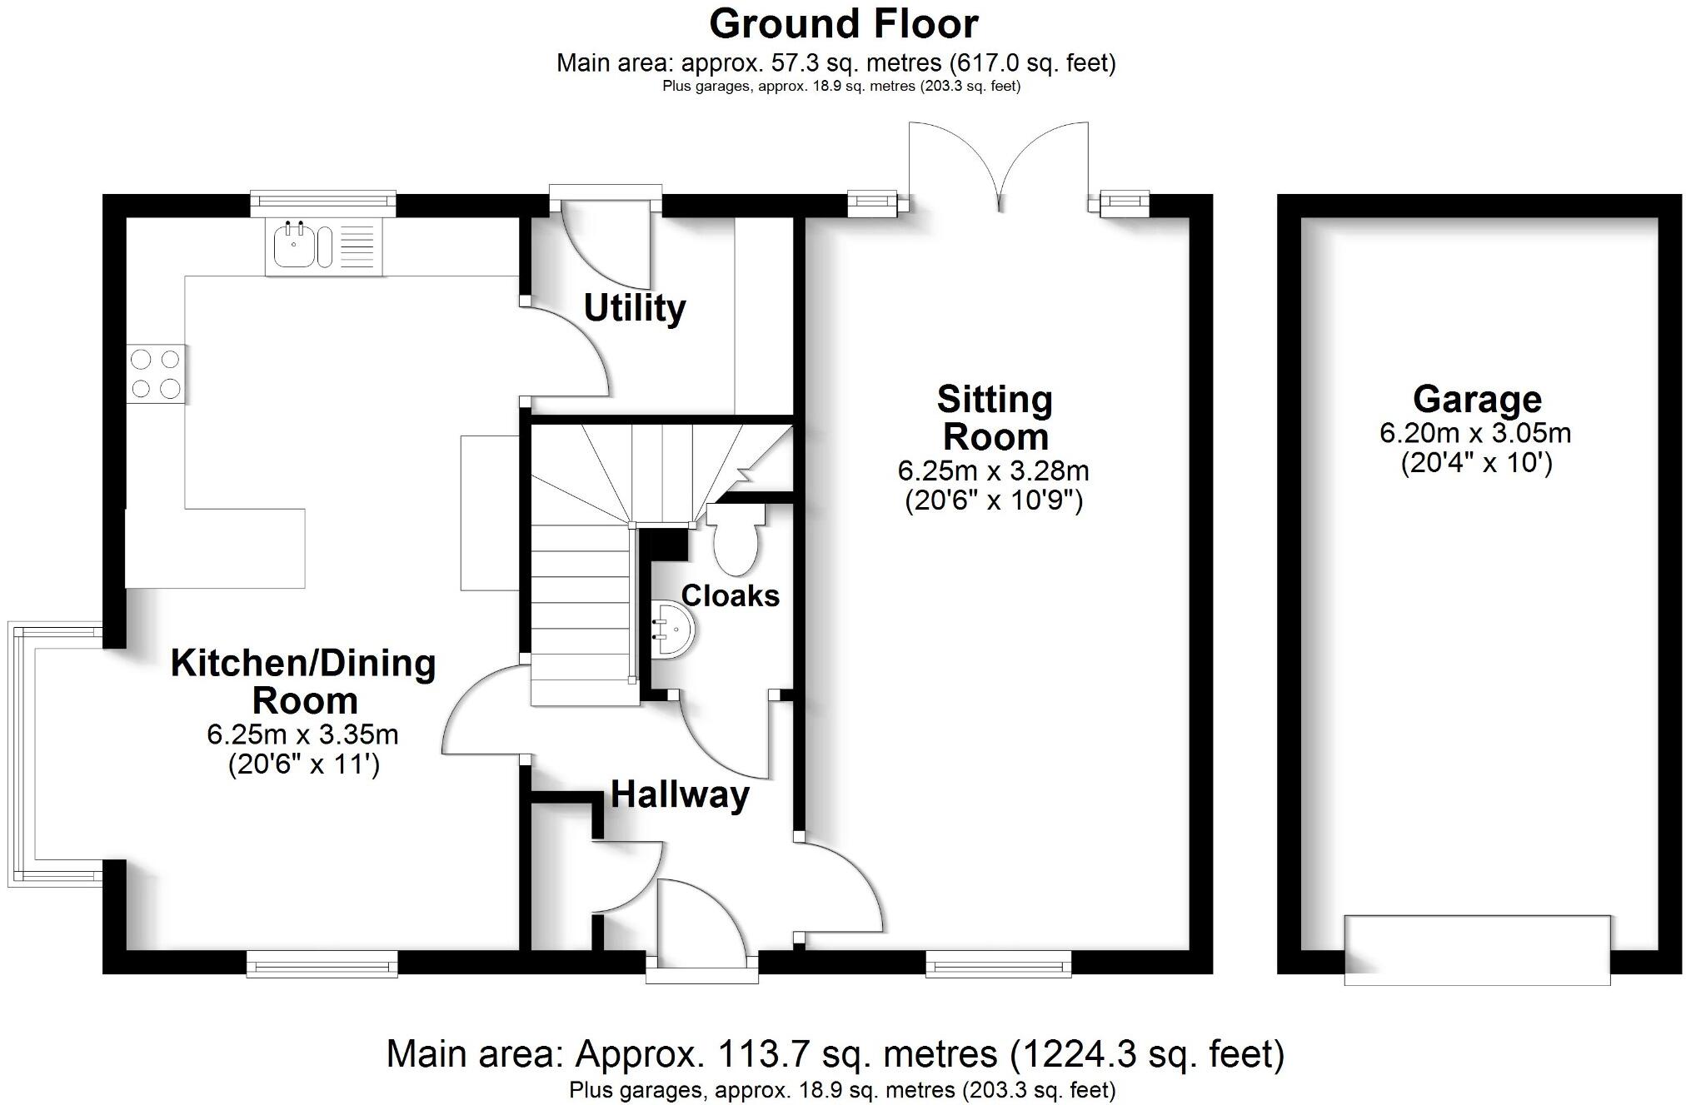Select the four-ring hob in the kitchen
(x=156, y=374)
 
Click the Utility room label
(x=634, y=308)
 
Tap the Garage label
(x=1476, y=400)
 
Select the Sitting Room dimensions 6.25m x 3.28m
(x=993, y=471)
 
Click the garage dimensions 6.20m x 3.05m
(x=1475, y=433)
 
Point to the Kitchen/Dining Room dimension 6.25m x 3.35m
(x=302, y=734)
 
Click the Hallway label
(x=680, y=794)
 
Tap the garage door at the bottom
(x=1476, y=949)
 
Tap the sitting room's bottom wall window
(x=998, y=965)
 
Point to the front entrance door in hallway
(x=701, y=924)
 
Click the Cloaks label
(x=730, y=595)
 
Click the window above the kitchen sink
(x=323, y=201)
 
